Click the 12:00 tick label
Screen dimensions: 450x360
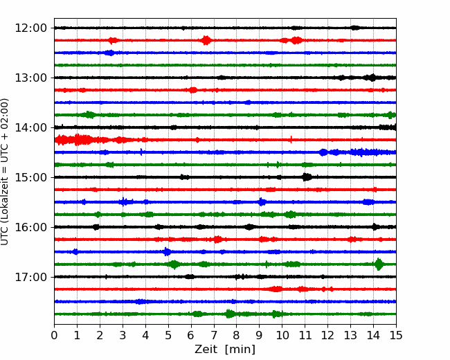coord(30,28)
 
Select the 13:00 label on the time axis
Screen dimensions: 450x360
coord(30,78)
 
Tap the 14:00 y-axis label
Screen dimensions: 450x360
coord(30,127)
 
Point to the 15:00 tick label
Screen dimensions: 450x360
coord(30,177)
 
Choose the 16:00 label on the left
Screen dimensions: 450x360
coord(30,227)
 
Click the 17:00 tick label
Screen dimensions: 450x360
coord(30,277)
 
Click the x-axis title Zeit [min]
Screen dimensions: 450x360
coord(225,350)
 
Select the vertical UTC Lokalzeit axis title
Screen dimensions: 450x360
coord(4,172)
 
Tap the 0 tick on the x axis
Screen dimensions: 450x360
coord(54,335)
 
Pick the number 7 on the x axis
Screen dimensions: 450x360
coord(214,335)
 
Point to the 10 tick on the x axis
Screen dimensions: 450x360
coord(282,335)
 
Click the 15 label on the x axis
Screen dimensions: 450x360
coord(396,335)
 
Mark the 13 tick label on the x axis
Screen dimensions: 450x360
coord(350,335)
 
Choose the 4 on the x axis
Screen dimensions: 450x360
coord(145,335)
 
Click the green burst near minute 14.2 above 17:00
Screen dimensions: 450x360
coord(379,264)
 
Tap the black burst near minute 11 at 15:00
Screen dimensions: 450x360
coord(307,177)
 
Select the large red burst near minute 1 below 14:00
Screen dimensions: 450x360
coord(78,140)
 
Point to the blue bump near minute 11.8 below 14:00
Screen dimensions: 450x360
coord(323,152)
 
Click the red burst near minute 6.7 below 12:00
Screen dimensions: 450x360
coord(206,40)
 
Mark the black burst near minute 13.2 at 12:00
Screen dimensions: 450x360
coord(355,28)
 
